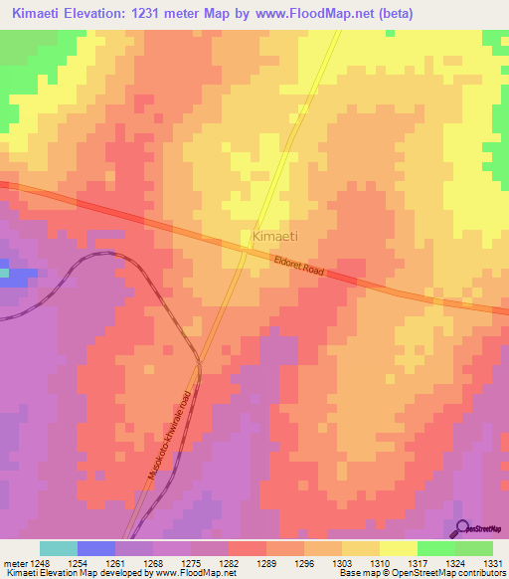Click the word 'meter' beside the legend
tap(15, 562)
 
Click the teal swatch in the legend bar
tap(59, 548)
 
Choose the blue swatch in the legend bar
tap(96, 548)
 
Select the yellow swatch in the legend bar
tap(398, 548)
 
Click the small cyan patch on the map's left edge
tap(4, 272)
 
